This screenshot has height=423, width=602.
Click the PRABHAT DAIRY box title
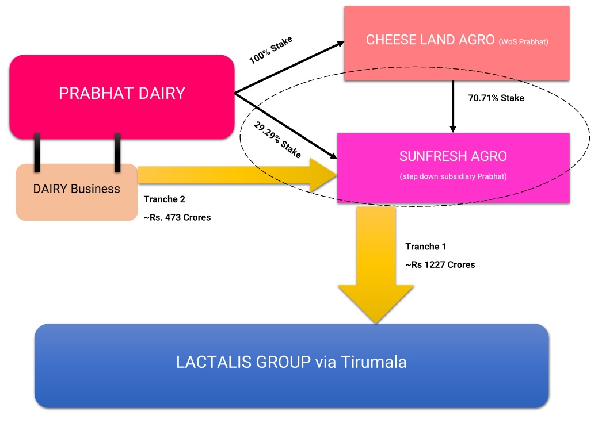pyautogui.click(x=122, y=93)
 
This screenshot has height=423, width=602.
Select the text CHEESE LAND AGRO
pyautogui.click(x=430, y=40)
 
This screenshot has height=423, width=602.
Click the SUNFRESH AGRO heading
pyautogui.click(x=453, y=156)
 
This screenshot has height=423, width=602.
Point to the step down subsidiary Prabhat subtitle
pyautogui.click(x=453, y=176)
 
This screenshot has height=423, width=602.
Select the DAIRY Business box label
pyautogui.click(x=77, y=189)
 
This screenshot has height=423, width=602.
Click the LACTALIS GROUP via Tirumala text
pyautogui.click(x=291, y=363)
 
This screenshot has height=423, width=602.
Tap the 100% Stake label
pyautogui.click(x=271, y=50)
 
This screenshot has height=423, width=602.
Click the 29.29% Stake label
pyautogui.click(x=277, y=140)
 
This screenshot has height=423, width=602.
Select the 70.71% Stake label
pyautogui.click(x=496, y=98)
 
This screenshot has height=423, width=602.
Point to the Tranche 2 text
pyautogui.click(x=164, y=199)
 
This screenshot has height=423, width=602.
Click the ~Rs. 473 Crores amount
pyautogui.click(x=177, y=218)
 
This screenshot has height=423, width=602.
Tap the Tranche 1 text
pyautogui.click(x=426, y=247)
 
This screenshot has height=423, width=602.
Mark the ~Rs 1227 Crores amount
pyautogui.click(x=440, y=265)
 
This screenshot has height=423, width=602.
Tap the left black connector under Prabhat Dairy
pyautogui.click(x=37, y=152)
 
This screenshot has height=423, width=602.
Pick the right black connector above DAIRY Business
pyautogui.click(x=117, y=152)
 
